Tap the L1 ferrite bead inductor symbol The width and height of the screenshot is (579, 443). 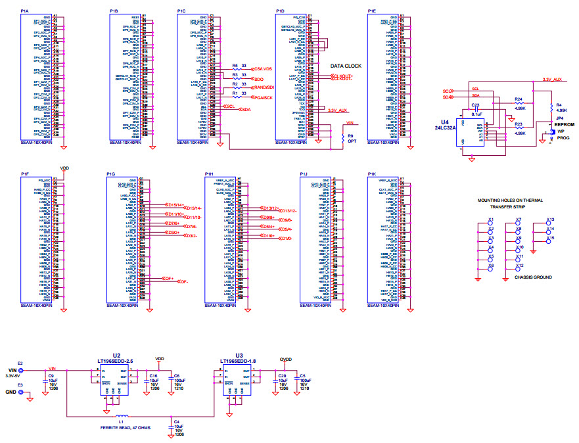pyautogui.click(x=122, y=416)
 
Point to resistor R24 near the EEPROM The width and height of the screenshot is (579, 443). pyautogui.click(x=519, y=103)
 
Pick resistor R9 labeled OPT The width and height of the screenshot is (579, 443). pyautogui.click(x=342, y=138)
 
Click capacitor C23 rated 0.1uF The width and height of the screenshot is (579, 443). pyautogui.click(x=476, y=109)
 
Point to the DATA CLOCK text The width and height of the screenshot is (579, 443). pyautogui.click(x=346, y=66)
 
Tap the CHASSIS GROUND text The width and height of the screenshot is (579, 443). pyautogui.click(x=533, y=277)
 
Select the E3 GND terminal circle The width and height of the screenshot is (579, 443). pyautogui.click(x=20, y=392)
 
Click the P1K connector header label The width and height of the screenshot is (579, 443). pyautogui.click(x=373, y=174)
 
